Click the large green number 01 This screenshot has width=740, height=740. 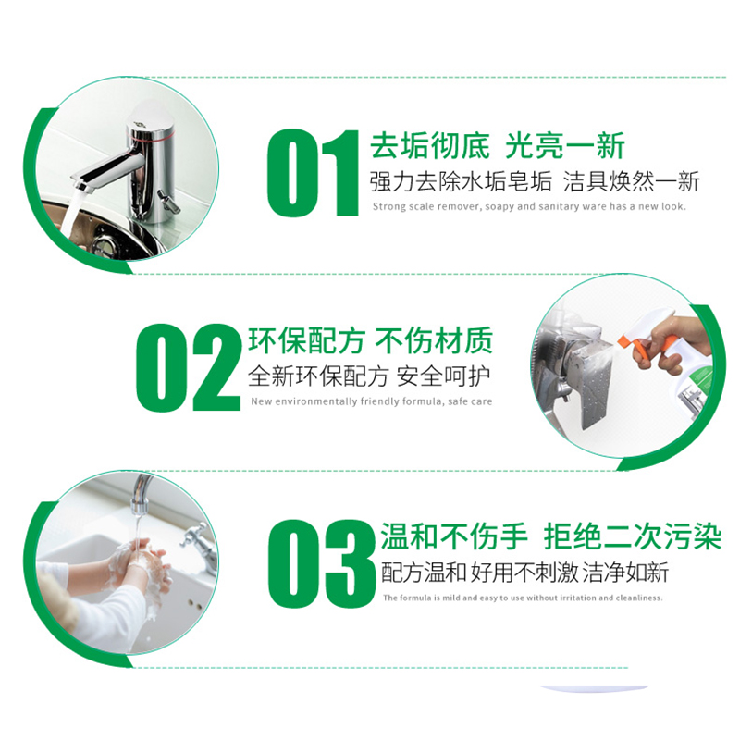click(312, 174)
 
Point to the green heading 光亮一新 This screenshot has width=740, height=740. click(565, 146)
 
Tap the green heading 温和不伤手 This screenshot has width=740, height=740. click(454, 536)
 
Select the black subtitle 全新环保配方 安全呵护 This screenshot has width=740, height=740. click(370, 376)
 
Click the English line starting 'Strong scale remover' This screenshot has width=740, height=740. click(529, 206)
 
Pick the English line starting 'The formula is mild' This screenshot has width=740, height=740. click(523, 598)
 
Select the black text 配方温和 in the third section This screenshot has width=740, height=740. click(415, 572)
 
